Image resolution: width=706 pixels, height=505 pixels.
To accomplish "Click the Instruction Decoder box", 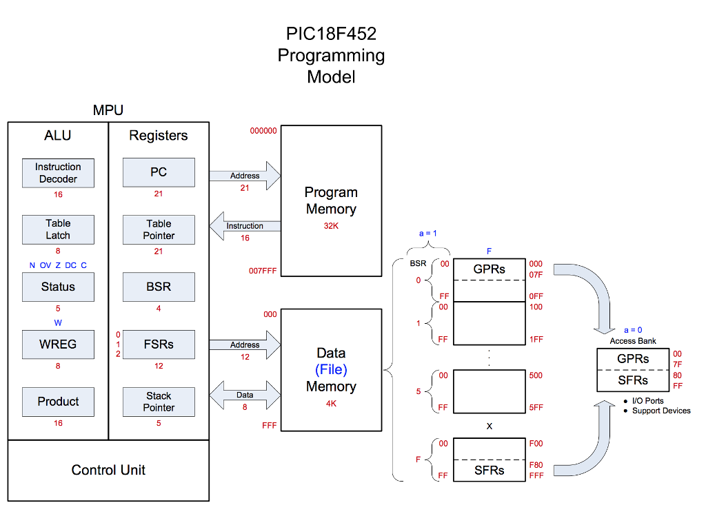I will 58,173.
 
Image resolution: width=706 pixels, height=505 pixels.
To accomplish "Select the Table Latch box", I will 58,229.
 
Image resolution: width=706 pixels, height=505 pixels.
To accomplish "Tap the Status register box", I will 58,287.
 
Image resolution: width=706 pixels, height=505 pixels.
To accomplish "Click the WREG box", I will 58,344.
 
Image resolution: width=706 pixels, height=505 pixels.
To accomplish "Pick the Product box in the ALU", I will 58,401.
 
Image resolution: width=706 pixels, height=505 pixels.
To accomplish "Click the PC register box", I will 159,172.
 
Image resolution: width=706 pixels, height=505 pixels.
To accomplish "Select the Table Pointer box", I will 159,229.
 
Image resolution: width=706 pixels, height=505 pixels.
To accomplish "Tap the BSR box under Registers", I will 159,287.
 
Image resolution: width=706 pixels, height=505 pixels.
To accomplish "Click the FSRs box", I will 159,344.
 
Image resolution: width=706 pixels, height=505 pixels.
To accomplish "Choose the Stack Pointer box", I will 159,402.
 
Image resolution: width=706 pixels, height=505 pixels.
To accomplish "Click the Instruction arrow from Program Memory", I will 245,226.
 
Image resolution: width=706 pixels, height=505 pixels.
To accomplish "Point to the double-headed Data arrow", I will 245,395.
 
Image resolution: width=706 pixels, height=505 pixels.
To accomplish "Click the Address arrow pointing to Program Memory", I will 245,176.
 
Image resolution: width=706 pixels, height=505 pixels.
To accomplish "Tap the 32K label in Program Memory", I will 331,225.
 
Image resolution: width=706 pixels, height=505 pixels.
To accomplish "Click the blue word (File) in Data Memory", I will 331,370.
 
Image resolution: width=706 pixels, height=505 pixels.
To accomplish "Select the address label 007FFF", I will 263,271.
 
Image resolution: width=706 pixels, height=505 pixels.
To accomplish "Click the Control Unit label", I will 108,470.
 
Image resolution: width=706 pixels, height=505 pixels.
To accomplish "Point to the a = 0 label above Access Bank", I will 632,330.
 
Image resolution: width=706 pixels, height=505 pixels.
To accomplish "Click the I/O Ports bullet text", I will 647,401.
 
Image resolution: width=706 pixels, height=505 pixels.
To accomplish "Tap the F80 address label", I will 535,465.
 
